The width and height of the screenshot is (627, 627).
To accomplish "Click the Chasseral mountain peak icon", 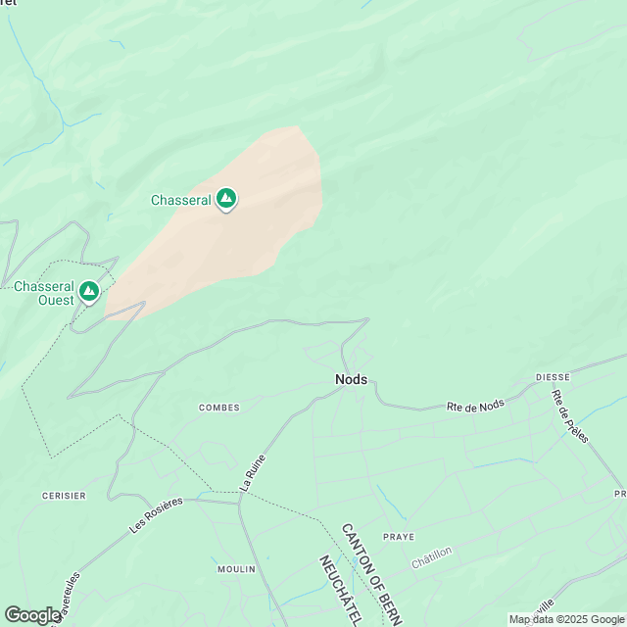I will [x=226, y=199].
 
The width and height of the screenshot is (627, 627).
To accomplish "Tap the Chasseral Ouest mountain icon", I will [x=89, y=291].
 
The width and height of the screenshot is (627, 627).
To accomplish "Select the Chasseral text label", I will [x=180, y=200].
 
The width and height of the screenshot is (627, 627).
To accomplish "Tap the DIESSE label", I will [x=553, y=376].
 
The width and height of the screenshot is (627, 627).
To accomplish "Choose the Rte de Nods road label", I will [x=474, y=406].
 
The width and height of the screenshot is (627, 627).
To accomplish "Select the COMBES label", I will [x=218, y=408].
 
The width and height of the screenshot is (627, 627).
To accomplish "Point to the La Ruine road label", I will [x=253, y=472].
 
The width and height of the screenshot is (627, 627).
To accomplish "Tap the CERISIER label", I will [x=64, y=496].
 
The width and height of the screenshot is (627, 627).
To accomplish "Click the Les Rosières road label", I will [x=156, y=514].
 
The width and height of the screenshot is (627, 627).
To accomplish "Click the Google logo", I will [x=32, y=615].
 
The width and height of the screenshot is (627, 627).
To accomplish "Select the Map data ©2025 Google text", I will [x=565, y=619].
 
